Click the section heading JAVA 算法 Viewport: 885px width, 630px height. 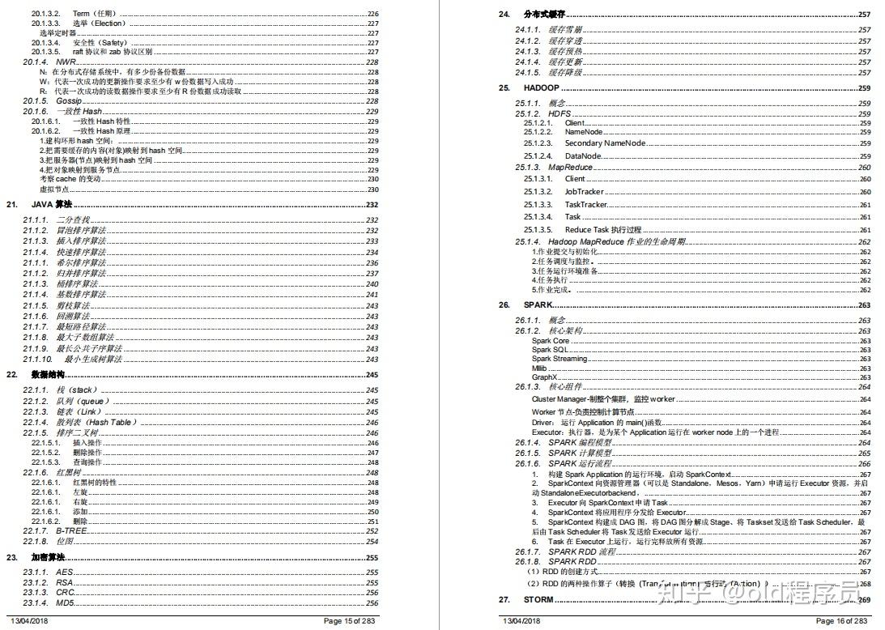coord(51,206)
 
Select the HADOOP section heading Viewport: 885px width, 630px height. coord(541,87)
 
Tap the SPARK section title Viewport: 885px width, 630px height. coord(538,305)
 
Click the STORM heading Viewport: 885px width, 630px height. coord(538,600)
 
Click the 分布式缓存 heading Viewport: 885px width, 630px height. coord(544,15)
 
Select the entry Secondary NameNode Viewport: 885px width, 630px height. coord(605,143)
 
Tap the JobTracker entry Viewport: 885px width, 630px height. coord(584,192)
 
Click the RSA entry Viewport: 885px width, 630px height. coord(64,582)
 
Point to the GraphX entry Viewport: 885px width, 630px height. coord(544,377)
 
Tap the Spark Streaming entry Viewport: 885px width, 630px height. coord(560,359)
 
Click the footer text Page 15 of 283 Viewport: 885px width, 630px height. coord(349,621)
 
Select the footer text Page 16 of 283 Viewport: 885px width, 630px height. coord(841,621)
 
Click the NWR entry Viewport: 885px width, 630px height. coord(66,62)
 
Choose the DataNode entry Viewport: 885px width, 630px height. coord(583,155)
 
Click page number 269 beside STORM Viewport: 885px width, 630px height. coord(864,600)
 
